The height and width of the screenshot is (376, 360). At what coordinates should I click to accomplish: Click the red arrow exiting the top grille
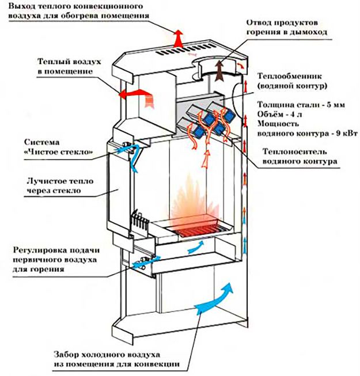pyautogui.click(x=179, y=38)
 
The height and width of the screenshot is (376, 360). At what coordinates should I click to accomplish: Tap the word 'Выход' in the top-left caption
pyautogui.click(x=21, y=5)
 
